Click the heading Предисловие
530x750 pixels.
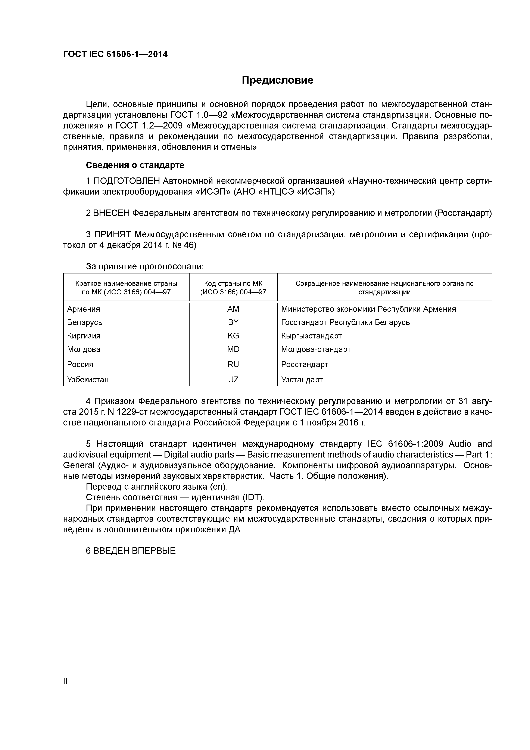click(277, 80)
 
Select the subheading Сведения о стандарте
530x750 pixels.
click(135, 165)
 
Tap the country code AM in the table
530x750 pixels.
click(233, 309)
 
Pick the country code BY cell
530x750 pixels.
click(233, 322)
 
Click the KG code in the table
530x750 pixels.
click(233, 336)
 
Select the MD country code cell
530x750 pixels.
click(233, 350)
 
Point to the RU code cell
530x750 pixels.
click(233, 365)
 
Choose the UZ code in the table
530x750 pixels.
click(233, 379)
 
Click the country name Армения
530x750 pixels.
click(84, 309)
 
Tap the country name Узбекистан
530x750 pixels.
click(88, 379)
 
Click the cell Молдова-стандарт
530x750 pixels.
click(316, 350)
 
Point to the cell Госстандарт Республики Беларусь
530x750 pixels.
click(345, 322)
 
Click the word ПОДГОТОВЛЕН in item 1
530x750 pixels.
click(127, 181)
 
